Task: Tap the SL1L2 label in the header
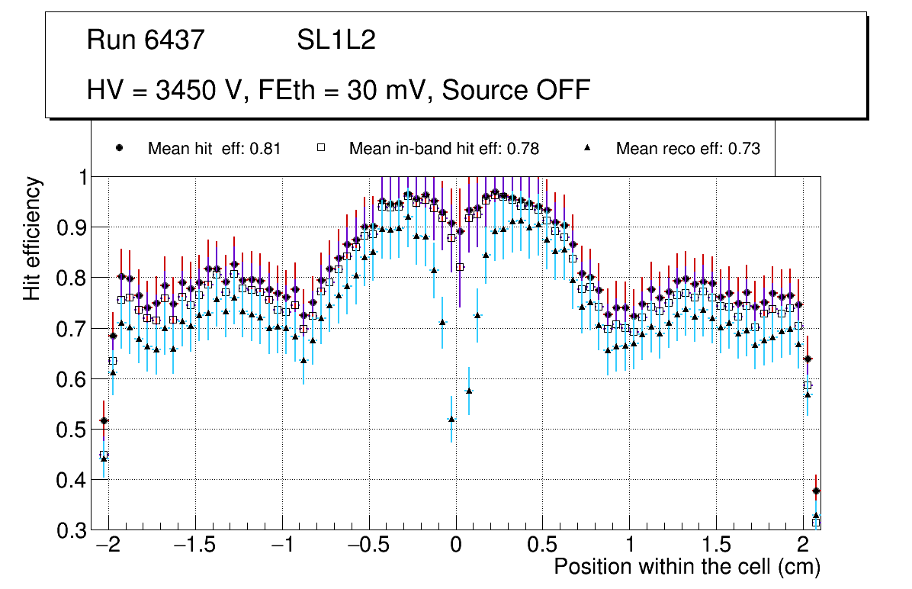pos(336,40)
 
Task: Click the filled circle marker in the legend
pos(118,148)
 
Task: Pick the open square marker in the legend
pos(321,148)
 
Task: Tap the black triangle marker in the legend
pos(588,148)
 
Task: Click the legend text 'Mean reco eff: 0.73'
pos(688,149)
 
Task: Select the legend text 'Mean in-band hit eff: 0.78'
pos(444,149)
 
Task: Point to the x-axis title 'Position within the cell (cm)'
pos(687,567)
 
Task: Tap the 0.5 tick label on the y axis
pos(73,430)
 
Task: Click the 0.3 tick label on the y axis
pos(73,531)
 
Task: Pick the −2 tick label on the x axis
pos(108,546)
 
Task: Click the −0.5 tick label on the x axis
pos(368,546)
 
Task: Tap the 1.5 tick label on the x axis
pos(716,546)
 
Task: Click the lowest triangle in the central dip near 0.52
pos(451,419)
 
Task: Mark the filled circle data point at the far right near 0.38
pos(817,491)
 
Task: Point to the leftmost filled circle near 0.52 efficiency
pos(104,420)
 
